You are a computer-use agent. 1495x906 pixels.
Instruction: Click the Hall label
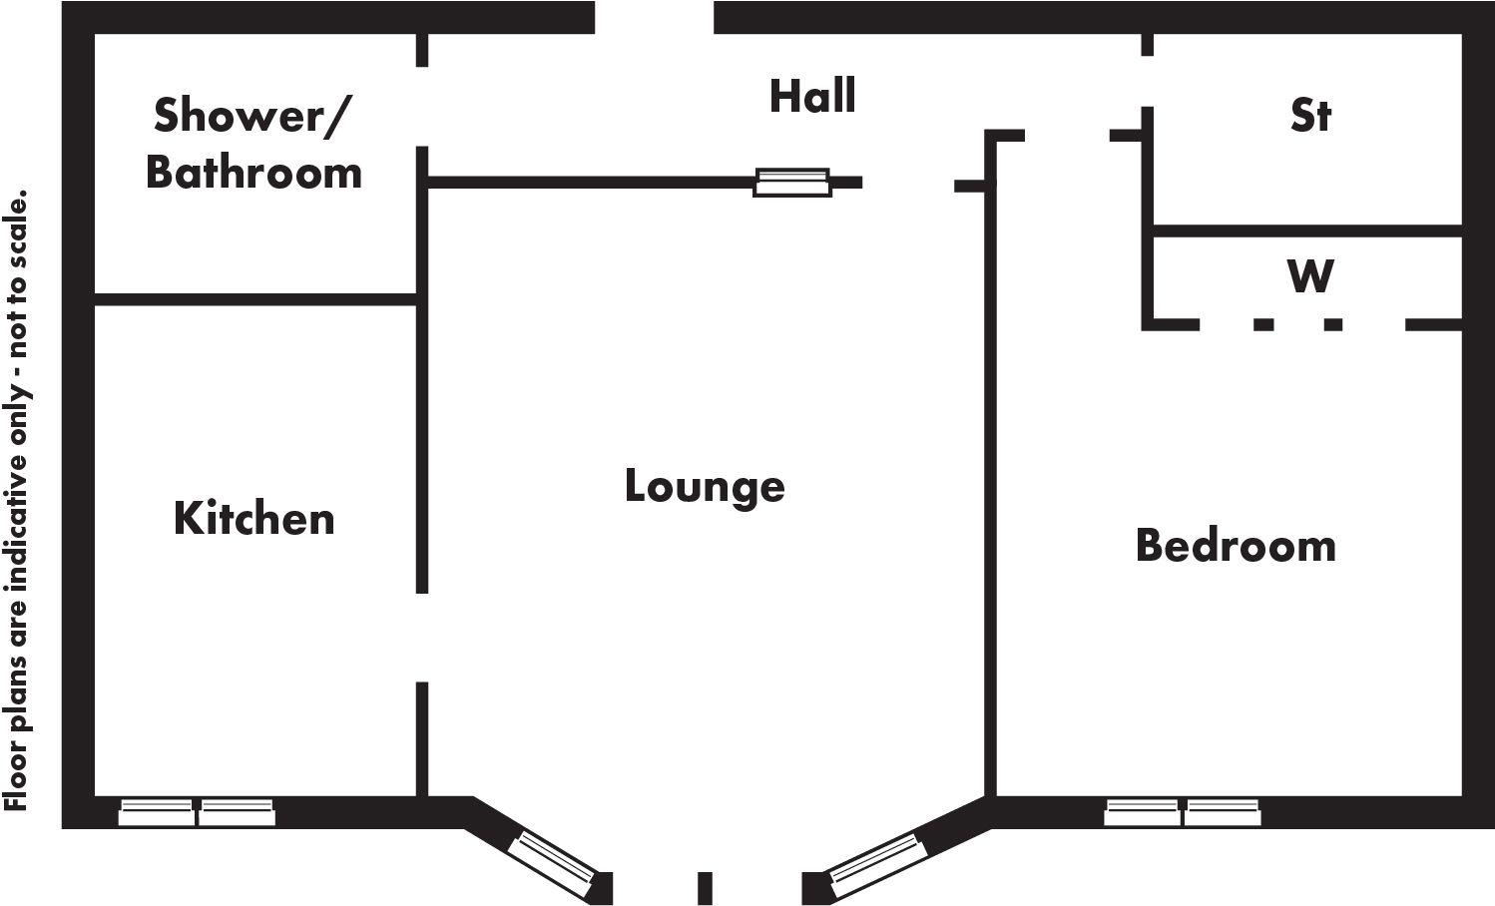coord(812,96)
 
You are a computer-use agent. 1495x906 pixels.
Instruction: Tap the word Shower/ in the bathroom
coord(250,116)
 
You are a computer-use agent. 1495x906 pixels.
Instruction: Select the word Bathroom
coord(253,173)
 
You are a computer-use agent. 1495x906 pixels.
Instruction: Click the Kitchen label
coord(253,519)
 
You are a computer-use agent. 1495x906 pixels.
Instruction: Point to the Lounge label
coord(705,488)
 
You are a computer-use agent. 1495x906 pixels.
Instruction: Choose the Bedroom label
coord(1237,545)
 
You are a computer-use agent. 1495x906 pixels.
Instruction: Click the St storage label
coord(1310,115)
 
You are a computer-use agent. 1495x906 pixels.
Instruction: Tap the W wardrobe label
coord(1310,275)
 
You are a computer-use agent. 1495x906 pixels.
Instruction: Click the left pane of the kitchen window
coord(156,812)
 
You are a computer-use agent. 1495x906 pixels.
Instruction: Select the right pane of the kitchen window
coord(237,812)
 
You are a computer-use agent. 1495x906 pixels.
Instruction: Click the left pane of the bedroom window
coord(1142,812)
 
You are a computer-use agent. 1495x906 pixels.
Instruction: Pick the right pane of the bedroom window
coord(1223,812)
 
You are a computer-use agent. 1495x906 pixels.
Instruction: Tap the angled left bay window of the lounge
coord(553,863)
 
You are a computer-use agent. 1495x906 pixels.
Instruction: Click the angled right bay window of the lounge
coord(876,865)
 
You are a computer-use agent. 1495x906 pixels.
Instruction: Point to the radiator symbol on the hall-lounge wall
coord(792,183)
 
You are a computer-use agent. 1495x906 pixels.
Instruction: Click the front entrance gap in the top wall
coord(654,17)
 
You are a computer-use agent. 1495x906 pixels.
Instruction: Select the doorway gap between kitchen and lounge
coord(422,638)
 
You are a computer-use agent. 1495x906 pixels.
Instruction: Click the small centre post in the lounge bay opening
coord(705,888)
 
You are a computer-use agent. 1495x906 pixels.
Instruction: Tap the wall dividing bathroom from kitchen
coord(255,299)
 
